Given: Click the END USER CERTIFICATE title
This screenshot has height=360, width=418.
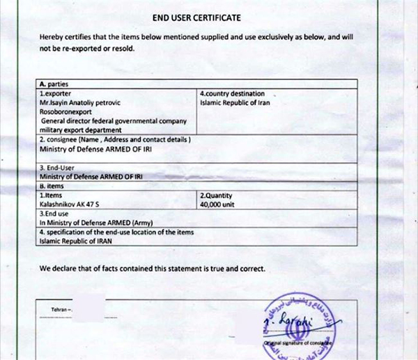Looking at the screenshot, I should tap(207, 17).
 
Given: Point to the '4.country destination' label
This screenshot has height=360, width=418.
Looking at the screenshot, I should tap(233, 93).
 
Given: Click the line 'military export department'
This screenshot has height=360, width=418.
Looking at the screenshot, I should tap(81, 130).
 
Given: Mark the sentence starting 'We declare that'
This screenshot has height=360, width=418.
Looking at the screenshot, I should tap(152, 268).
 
